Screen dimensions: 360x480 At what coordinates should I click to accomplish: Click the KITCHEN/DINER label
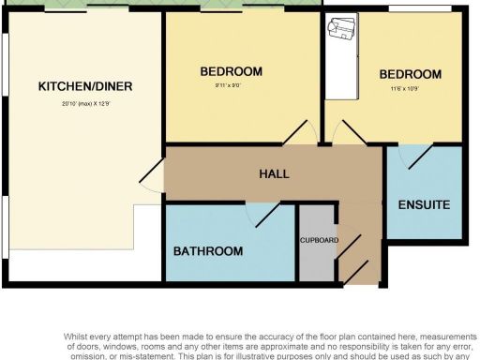click(84, 87)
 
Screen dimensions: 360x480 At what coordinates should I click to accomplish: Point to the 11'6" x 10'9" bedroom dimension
click(410, 92)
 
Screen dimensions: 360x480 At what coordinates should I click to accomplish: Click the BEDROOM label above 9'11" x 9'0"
click(232, 71)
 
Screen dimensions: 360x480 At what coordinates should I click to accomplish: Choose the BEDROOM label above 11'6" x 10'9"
click(410, 75)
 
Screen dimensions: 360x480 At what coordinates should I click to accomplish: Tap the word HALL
click(274, 174)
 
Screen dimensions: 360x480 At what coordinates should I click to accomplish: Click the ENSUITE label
click(424, 204)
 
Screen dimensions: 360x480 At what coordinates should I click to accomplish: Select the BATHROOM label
click(208, 251)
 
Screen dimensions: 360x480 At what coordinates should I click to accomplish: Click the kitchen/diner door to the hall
click(150, 172)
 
